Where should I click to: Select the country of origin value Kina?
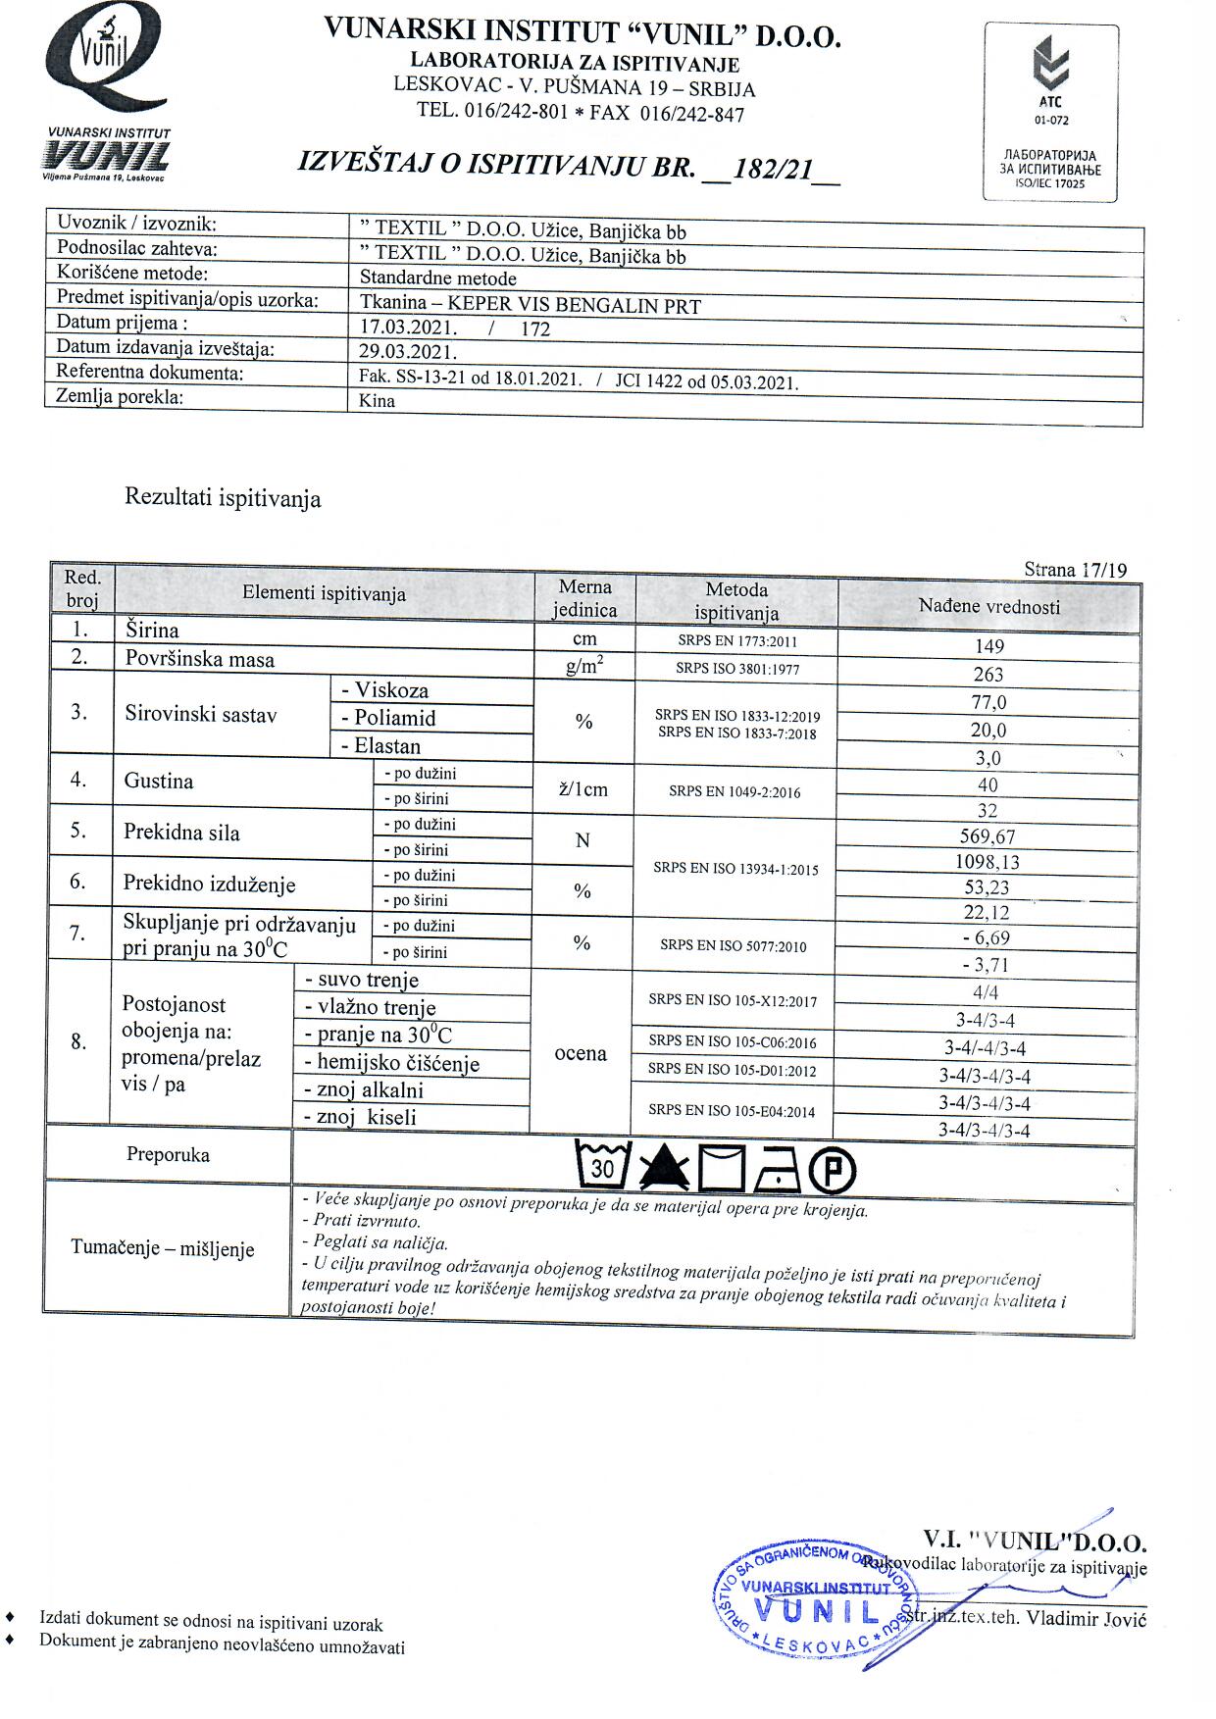pyautogui.click(x=378, y=401)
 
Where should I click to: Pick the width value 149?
pyautogui.click(x=989, y=646)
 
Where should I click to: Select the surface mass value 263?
pyautogui.click(x=988, y=675)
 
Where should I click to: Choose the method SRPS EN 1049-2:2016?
pyautogui.click(x=735, y=792)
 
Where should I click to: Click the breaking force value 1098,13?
pyautogui.click(x=988, y=862)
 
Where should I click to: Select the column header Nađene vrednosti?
pyautogui.click(x=988, y=607)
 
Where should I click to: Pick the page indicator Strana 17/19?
pyautogui.click(x=1075, y=570)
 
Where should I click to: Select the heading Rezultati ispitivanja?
pyautogui.click(x=223, y=498)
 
